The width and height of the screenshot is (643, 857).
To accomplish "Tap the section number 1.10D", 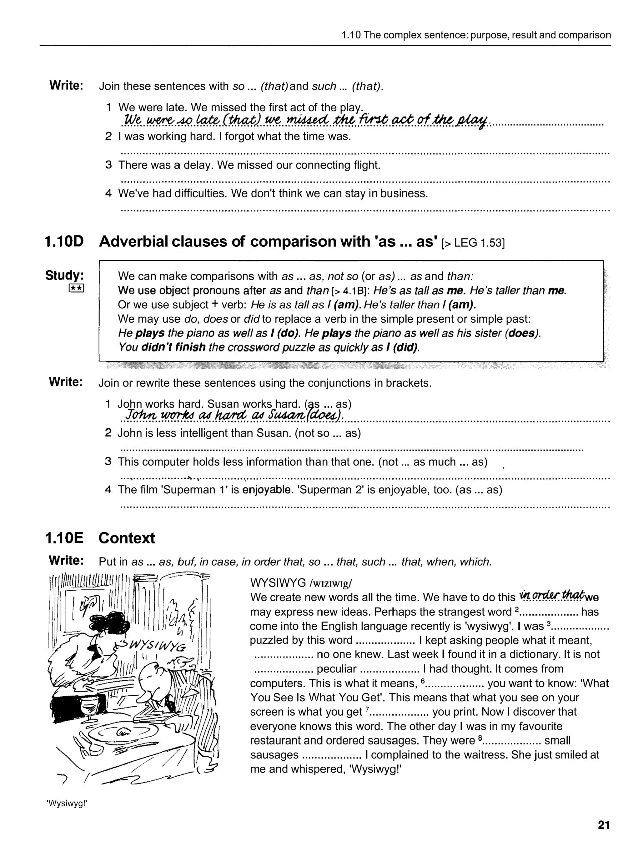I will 64,242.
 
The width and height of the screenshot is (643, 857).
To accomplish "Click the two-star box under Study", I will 76,288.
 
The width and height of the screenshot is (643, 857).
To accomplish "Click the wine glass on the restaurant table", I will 88,707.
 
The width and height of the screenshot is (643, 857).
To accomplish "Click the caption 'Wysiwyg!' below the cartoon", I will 67,803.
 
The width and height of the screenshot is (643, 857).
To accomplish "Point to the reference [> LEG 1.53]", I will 473,243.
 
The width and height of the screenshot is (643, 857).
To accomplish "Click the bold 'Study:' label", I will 64,276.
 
